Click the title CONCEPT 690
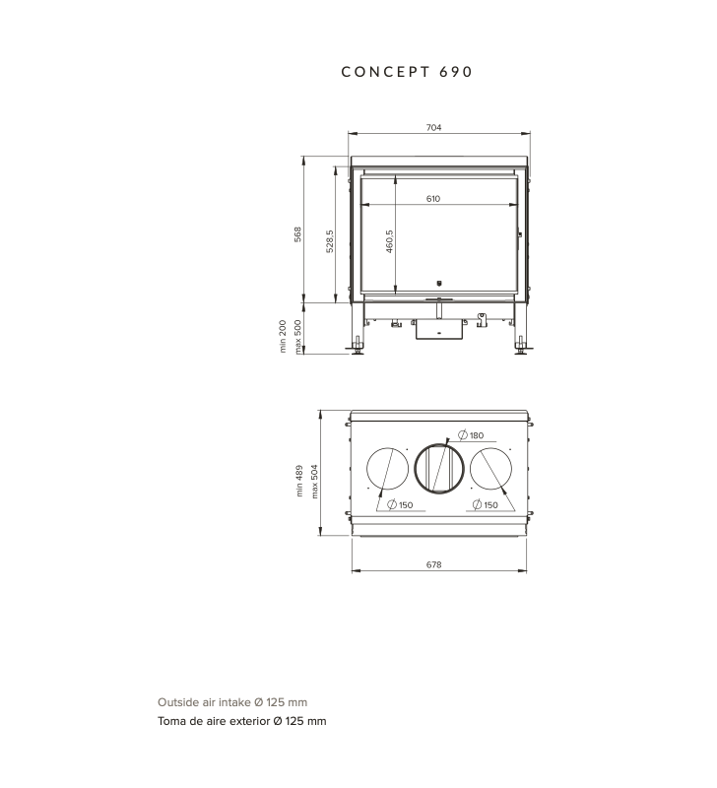[407, 72]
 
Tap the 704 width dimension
[433, 128]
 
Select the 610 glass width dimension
[433, 199]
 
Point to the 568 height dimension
[298, 234]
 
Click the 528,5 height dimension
[330, 241]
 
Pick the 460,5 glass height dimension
[389, 241]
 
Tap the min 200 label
[283, 336]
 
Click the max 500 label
[297, 336]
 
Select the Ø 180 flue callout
[471, 435]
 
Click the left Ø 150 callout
[400, 504]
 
